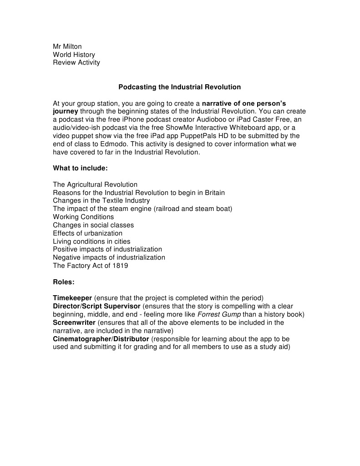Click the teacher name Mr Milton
pos(67,46)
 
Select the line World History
pos(74,54)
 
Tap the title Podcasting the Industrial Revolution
pos(179,87)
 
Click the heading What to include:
pos(80,168)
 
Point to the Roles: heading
pos(64,282)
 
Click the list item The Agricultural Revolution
pos(95,184)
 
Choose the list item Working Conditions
pos(83,217)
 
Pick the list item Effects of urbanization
pos(87,233)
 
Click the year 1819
pos(119,266)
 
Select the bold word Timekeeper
pos(72,298)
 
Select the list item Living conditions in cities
pos(91,241)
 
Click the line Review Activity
pos(76,62)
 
